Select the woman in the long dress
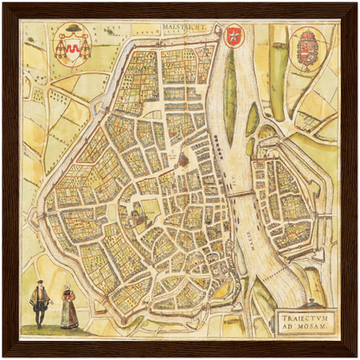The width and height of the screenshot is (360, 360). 68,307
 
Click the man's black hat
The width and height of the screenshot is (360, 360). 39,285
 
